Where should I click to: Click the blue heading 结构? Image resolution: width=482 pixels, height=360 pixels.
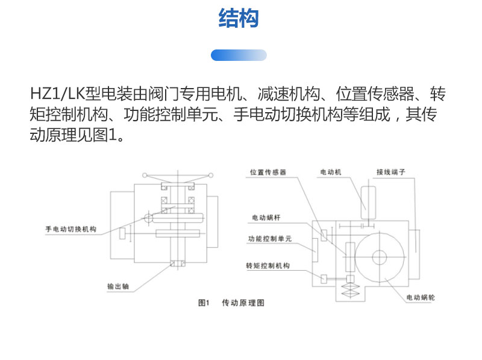click(x=239, y=19)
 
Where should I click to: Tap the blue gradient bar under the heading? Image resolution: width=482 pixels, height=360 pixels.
click(x=239, y=55)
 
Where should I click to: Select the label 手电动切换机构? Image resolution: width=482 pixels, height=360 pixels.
click(x=72, y=229)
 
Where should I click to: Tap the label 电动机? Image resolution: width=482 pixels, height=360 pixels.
click(x=331, y=172)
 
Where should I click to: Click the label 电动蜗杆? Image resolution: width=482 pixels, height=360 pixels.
click(x=267, y=217)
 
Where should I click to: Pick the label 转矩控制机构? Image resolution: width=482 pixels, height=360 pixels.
click(x=269, y=266)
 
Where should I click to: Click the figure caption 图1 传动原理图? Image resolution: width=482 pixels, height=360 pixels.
click(x=231, y=303)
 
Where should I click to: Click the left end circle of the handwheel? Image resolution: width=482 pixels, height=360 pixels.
click(x=145, y=175)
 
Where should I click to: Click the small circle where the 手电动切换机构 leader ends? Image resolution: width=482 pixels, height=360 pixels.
click(x=148, y=218)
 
